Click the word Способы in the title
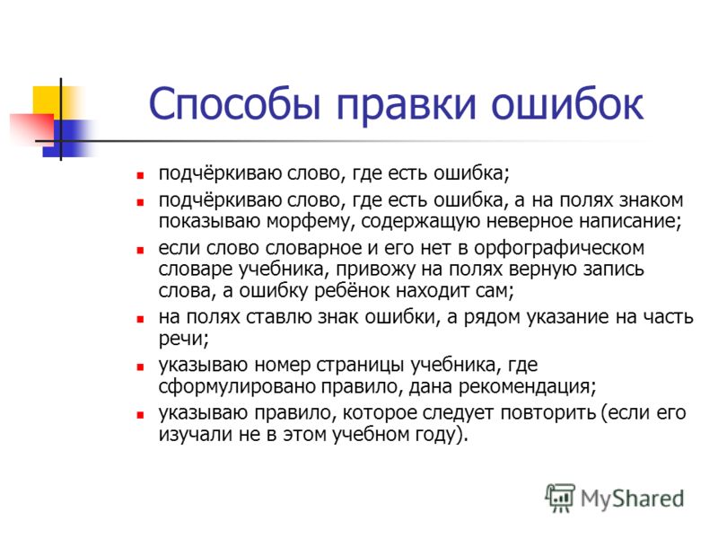pos(234,103)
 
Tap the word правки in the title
pos(407,104)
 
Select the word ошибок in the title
pos(567,102)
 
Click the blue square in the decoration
pos(66,138)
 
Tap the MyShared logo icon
pos(559,498)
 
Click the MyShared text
pos(633,499)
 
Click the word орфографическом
pos(558,249)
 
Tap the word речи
pos(183,340)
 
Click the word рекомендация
pos(527,387)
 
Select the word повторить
pos(548,413)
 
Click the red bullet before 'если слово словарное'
pos(140,251)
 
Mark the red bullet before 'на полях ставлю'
pos(140,320)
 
